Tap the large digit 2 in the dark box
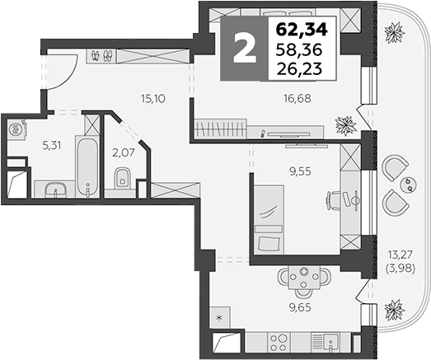244,50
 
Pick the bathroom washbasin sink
54,190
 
